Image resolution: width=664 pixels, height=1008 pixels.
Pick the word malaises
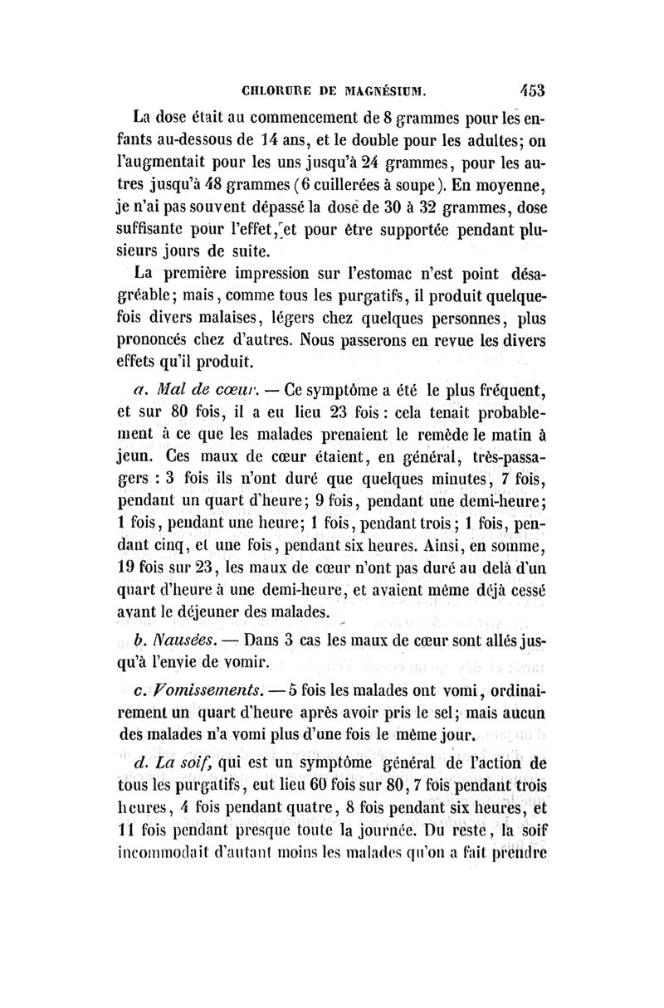[x=235, y=319]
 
